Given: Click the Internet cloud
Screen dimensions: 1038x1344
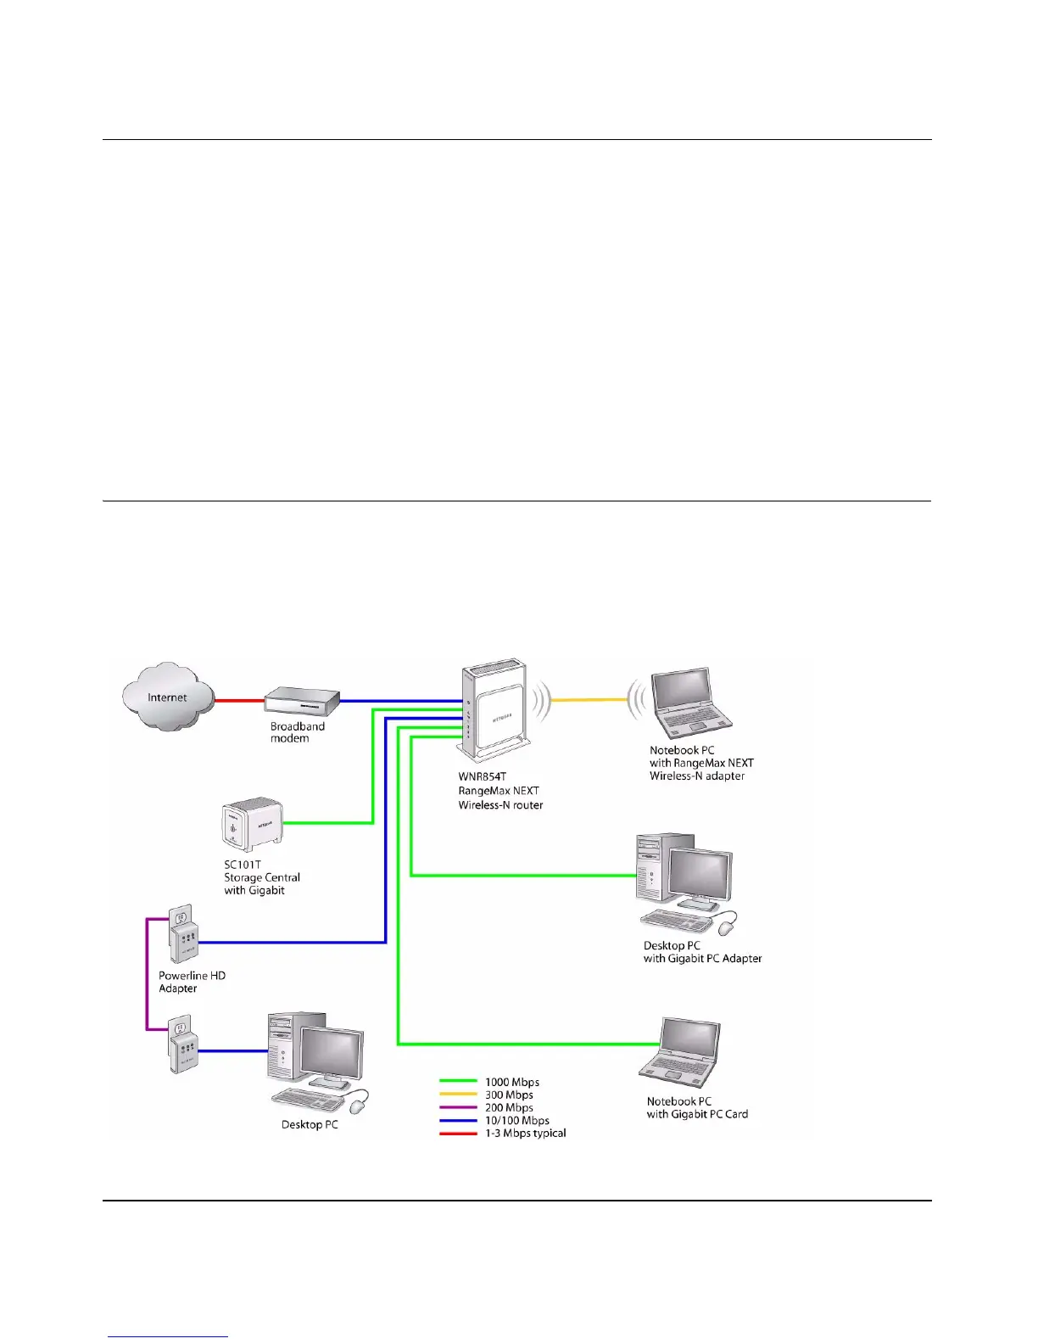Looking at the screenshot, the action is point(167,697).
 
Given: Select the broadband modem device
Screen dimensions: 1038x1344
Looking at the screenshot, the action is point(302,703).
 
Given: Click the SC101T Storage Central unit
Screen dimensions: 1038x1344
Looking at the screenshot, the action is point(252,823).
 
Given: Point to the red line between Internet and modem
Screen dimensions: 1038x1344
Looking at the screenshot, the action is point(239,701).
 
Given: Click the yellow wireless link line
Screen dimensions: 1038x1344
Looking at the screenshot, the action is point(589,700).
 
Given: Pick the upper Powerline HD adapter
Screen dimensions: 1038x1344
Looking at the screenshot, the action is point(182,933).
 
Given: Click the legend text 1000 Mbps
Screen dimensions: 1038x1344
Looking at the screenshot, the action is point(511,1082).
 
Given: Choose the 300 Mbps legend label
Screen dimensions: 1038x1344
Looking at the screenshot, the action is point(509,1095).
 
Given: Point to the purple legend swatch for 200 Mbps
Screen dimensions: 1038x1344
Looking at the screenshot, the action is point(458,1107).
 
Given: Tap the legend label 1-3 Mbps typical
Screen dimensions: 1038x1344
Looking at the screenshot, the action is point(525,1133).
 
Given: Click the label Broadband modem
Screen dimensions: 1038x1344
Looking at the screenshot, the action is point(297,732).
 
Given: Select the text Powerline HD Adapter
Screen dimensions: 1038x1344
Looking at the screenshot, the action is point(192,982).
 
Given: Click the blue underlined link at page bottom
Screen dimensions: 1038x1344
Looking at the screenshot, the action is point(168,1337).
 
